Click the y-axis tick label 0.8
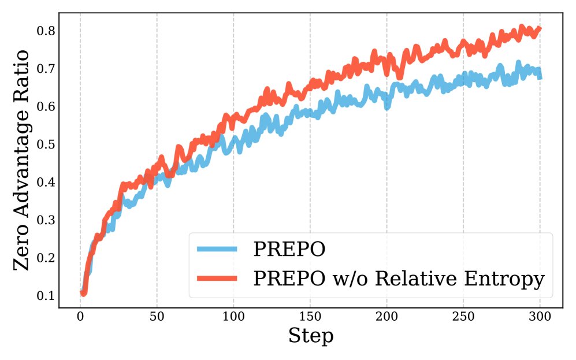[48, 31]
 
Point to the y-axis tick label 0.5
[48, 144]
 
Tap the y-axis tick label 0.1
[48, 296]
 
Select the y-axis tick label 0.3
[48, 220]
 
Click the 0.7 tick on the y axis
[48, 69]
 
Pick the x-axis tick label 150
[310, 317]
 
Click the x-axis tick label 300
[540, 317]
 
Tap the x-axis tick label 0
[80, 317]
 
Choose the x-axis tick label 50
[157, 317]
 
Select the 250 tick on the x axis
[463, 317]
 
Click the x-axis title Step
[310, 336]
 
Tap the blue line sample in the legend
[217, 249]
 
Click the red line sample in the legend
[217, 279]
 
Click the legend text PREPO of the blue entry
[289, 249]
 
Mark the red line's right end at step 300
[540, 28]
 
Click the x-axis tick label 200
[387, 317]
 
